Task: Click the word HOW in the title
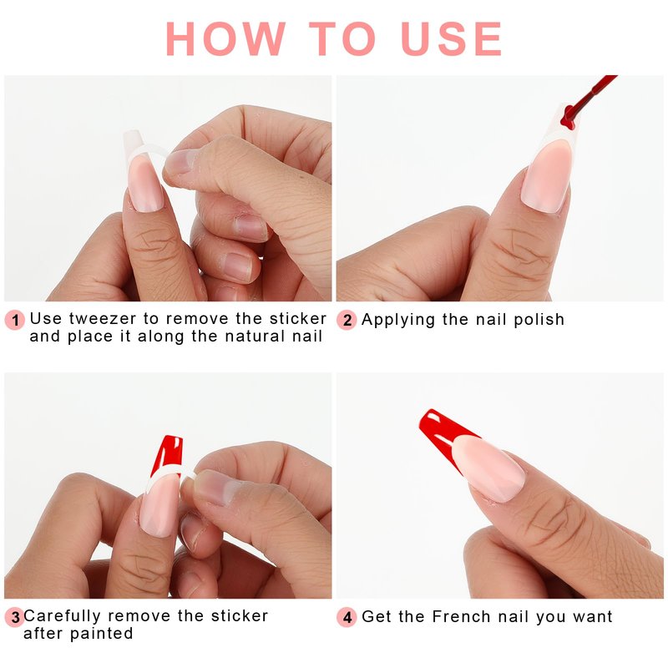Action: (225, 38)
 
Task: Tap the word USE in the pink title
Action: (452, 38)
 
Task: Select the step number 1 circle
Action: (15, 320)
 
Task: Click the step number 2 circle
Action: (347, 320)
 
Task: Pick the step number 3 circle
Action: (15, 617)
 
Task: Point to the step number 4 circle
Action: (347, 617)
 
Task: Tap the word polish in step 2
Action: (539, 320)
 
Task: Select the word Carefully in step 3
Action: (62, 616)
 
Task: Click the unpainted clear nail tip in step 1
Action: (135, 144)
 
